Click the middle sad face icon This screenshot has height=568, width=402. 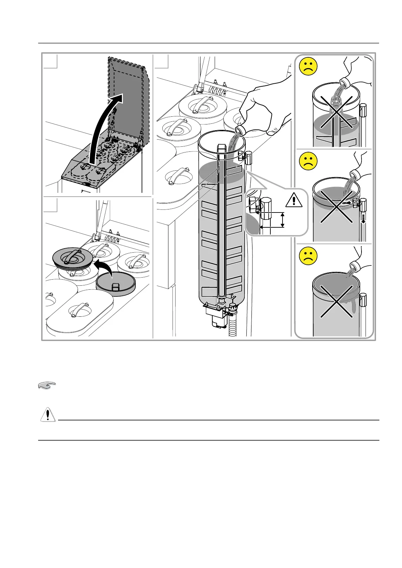click(x=308, y=161)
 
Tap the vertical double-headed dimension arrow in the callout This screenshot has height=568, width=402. click(x=283, y=220)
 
